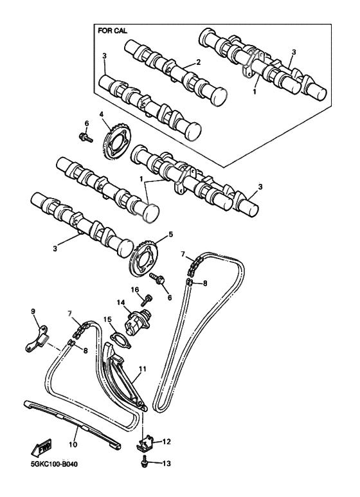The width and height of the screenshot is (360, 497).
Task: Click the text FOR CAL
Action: click(113, 30)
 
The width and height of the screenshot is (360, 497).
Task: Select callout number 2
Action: click(199, 62)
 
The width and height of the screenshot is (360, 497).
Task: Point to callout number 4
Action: click(101, 115)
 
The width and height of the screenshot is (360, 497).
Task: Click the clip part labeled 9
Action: click(39, 337)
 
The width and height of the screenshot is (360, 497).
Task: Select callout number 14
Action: click(120, 302)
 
